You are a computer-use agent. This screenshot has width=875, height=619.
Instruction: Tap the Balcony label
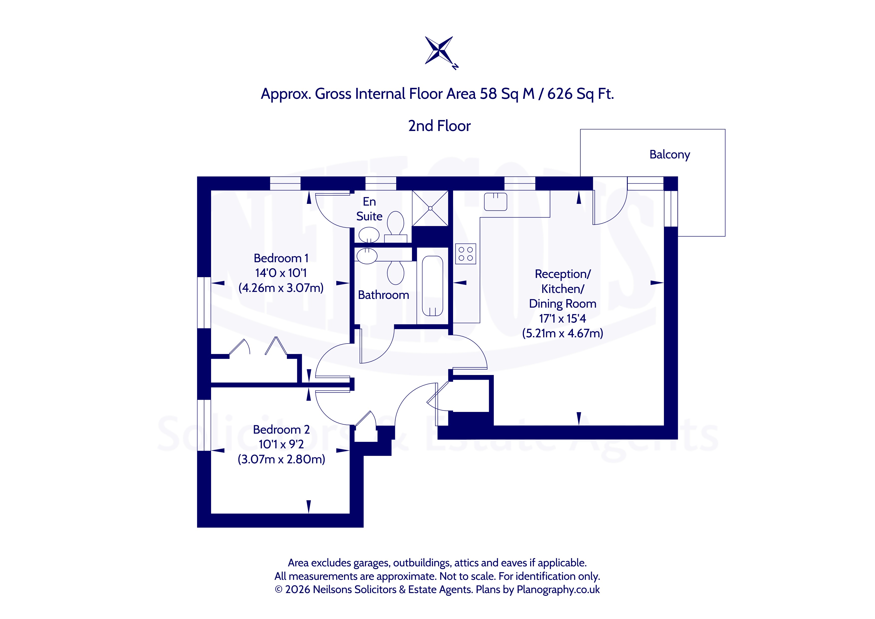(x=670, y=154)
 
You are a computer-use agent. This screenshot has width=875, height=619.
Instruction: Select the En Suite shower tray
(x=430, y=208)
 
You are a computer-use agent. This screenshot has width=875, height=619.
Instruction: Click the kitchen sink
(x=496, y=202)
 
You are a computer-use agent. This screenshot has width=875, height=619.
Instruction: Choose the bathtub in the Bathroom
(x=433, y=286)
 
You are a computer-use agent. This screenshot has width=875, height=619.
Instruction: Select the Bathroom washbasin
(x=367, y=256)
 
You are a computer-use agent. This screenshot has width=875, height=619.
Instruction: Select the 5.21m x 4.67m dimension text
(x=562, y=333)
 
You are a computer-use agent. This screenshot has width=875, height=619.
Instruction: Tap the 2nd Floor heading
(x=439, y=126)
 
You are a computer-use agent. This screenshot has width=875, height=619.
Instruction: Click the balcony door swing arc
(x=617, y=214)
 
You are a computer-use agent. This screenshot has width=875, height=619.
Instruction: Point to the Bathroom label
(x=383, y=295)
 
